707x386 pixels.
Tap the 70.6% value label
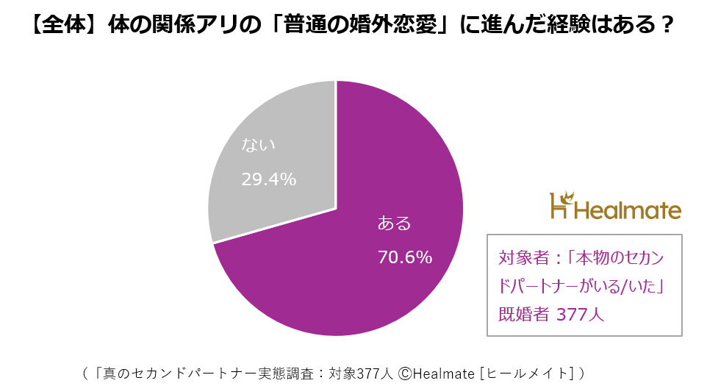(404, 257)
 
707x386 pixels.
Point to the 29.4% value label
(269, 179)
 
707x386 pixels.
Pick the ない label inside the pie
(259, 144)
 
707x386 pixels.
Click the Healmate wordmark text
(627, 211)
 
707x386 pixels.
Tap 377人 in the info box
(580, 315)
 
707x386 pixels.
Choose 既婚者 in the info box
(523, 315)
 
